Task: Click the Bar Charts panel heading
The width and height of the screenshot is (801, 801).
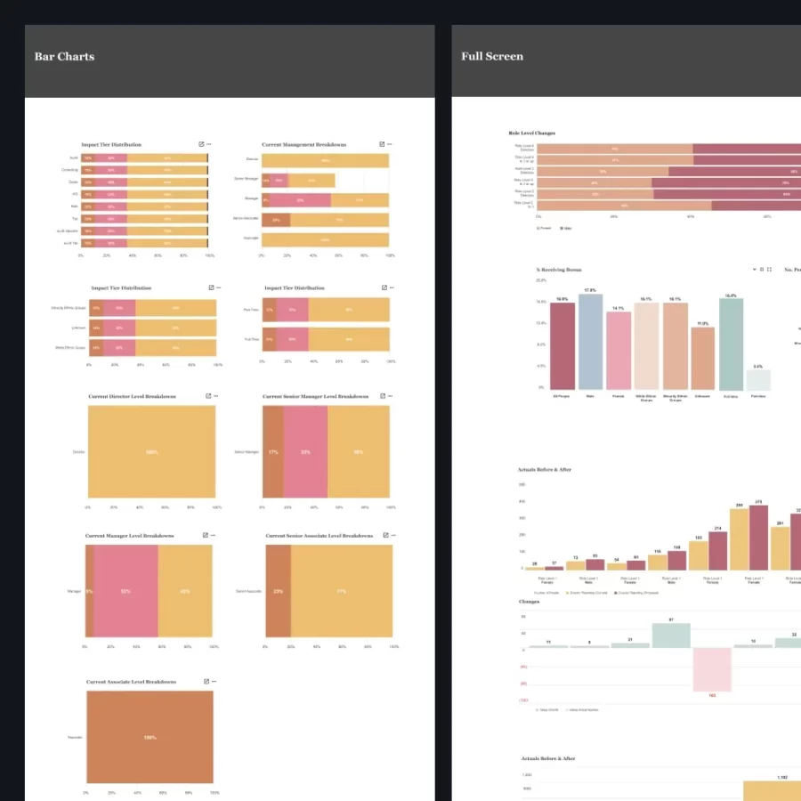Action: click(x=64, y=57)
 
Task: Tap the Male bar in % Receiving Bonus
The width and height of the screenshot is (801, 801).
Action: click(x=591, y=342)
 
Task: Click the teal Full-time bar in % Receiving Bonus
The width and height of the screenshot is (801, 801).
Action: click(x=731, y=344)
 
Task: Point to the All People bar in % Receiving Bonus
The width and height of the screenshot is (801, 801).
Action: click(x=562, y=346)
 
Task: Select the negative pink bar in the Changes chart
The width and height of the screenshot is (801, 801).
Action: click(x=712, y=669)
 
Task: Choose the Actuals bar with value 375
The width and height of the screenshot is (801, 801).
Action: click(x=758, y=538)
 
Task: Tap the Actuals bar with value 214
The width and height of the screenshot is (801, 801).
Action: click(x=717, y=550)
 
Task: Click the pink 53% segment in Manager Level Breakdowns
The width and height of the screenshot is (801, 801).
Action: click(x=125, y=591)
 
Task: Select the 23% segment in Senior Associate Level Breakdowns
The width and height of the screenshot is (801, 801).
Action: click(x=278, y=591)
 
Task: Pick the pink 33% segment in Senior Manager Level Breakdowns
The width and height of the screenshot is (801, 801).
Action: click(x=305, y=452)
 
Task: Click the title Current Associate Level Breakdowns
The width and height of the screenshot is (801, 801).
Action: click(x=131, y=682)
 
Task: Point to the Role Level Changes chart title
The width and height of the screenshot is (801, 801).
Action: click(x=531, y=133)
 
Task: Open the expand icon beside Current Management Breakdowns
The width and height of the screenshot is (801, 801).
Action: click(x=382, y=144)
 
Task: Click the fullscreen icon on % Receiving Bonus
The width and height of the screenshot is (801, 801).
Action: click(x=769, y=269)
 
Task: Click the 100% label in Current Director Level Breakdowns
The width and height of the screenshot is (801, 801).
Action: click(x=151, y=452)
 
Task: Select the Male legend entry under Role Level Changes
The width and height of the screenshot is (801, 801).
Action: click(x=567, y=228)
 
